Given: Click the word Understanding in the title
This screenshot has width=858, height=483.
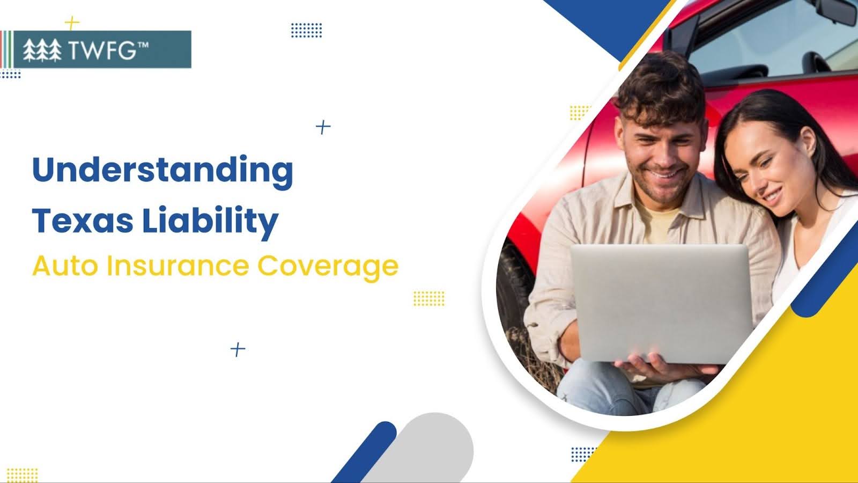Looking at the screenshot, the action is point(163,172).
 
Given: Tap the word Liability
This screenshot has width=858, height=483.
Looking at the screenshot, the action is point(210,222).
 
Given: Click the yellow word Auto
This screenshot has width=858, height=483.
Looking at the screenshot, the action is point(65,266).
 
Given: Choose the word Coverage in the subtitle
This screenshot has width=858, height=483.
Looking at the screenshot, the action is point(328,267).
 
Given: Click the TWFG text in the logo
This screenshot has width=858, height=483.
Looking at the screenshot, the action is point(109,50).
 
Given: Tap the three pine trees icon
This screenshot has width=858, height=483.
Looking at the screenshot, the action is point(42,50).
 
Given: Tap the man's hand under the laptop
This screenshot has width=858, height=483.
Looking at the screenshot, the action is point(667,368).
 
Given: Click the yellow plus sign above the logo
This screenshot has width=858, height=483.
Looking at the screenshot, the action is point(72,23).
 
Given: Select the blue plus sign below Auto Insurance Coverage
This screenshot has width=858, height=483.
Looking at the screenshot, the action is point(238,349).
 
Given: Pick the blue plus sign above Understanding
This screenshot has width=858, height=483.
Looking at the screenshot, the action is point(323,127).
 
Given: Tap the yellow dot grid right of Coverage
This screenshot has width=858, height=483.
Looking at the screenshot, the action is point(429,298).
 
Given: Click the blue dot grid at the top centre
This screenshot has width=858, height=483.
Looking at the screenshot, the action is point(306,30).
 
